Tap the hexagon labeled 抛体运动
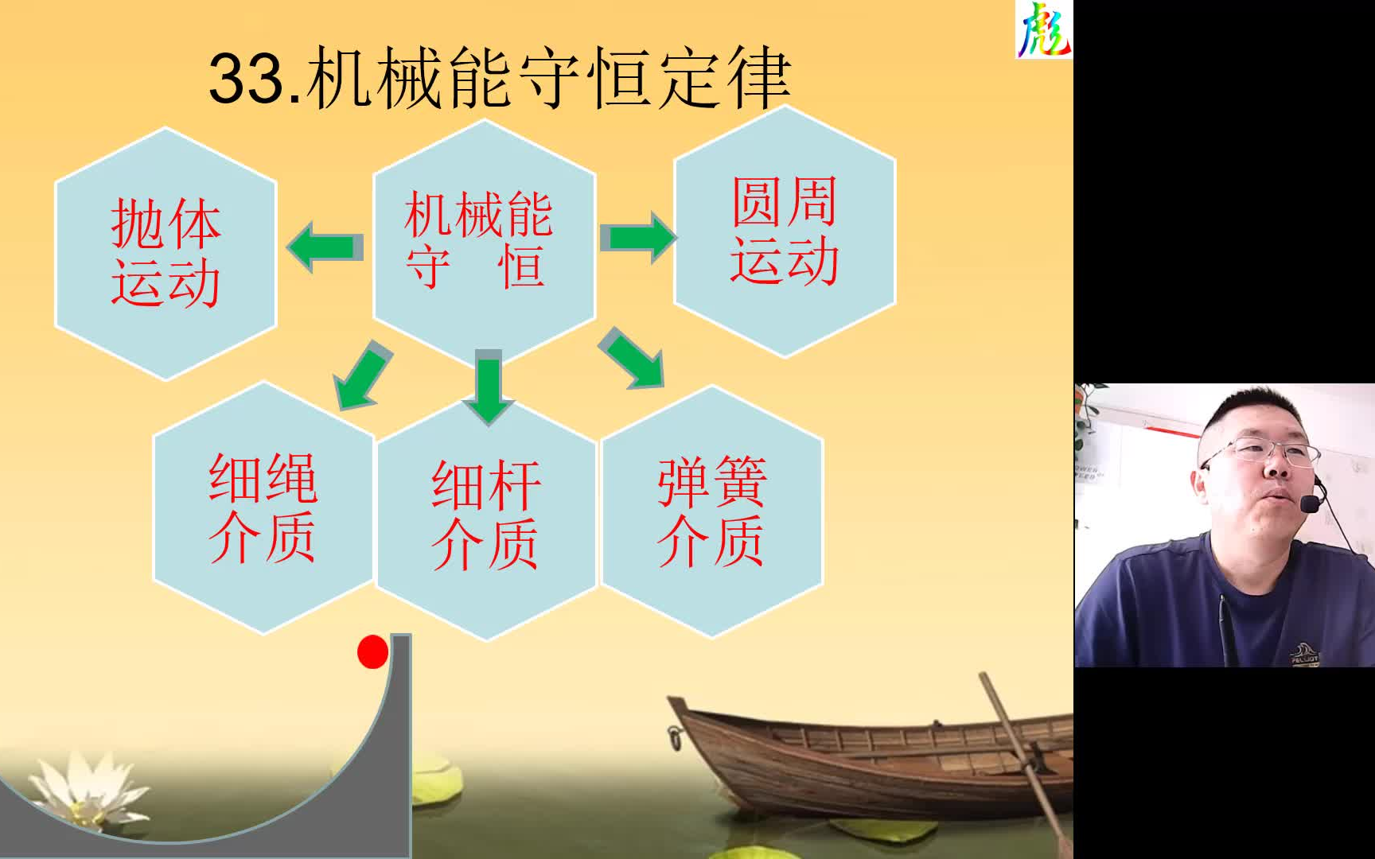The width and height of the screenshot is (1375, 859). point(166,253)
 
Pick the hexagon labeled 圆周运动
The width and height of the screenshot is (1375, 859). point(785,231)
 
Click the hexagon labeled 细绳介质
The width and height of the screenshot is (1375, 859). point(263,508)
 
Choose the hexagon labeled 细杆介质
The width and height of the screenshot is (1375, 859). point(486,517)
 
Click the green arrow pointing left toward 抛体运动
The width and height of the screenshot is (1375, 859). point(325,247)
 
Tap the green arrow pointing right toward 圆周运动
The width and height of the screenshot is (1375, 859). point(638,237)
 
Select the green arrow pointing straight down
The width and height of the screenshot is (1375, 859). point(488,387)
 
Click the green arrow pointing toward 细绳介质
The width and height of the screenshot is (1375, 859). point(363,375)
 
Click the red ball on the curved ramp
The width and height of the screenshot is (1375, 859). point(372,651)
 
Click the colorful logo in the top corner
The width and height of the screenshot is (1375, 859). point(1044,29)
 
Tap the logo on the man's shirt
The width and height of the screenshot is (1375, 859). point(1304,654)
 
